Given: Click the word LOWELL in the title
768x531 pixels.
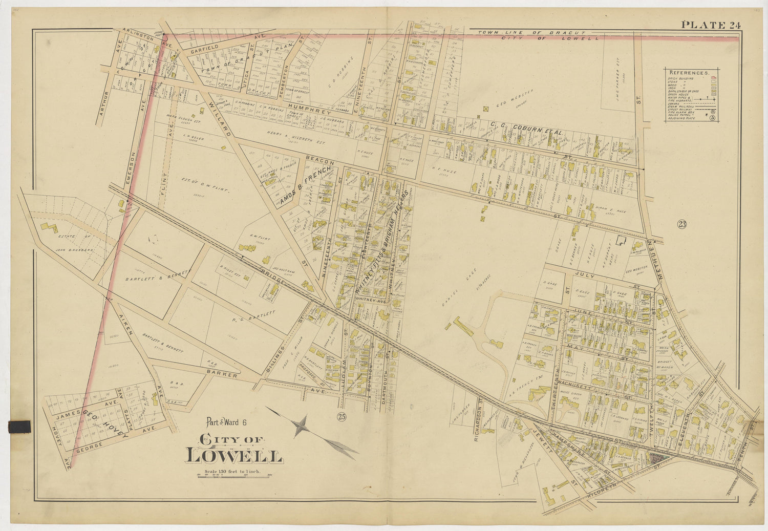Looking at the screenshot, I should (x=234, y=455).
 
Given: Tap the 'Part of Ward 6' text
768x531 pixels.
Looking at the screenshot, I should (x=226, y=422).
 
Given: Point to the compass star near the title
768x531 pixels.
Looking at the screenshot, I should (x=302, y=426).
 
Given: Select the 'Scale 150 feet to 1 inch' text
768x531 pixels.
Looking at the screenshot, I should (x=232, y=471).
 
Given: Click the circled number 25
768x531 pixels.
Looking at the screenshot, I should (x=342, y=417).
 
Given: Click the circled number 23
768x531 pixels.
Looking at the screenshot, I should (x=681, y=224).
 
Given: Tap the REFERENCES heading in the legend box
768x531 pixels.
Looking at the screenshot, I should (x=689, y=73).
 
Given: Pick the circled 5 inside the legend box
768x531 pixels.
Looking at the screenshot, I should (x=713, y=118).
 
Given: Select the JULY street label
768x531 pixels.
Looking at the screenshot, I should (x=585, y=275).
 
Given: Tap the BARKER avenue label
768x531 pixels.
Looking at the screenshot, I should (x=222, y=375).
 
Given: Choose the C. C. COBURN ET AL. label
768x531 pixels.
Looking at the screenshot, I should (x=528, y=129).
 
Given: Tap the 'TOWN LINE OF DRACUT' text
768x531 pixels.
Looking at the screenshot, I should (x=520, y=33).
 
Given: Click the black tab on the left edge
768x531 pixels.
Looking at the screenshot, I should (x=19, y=426).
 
